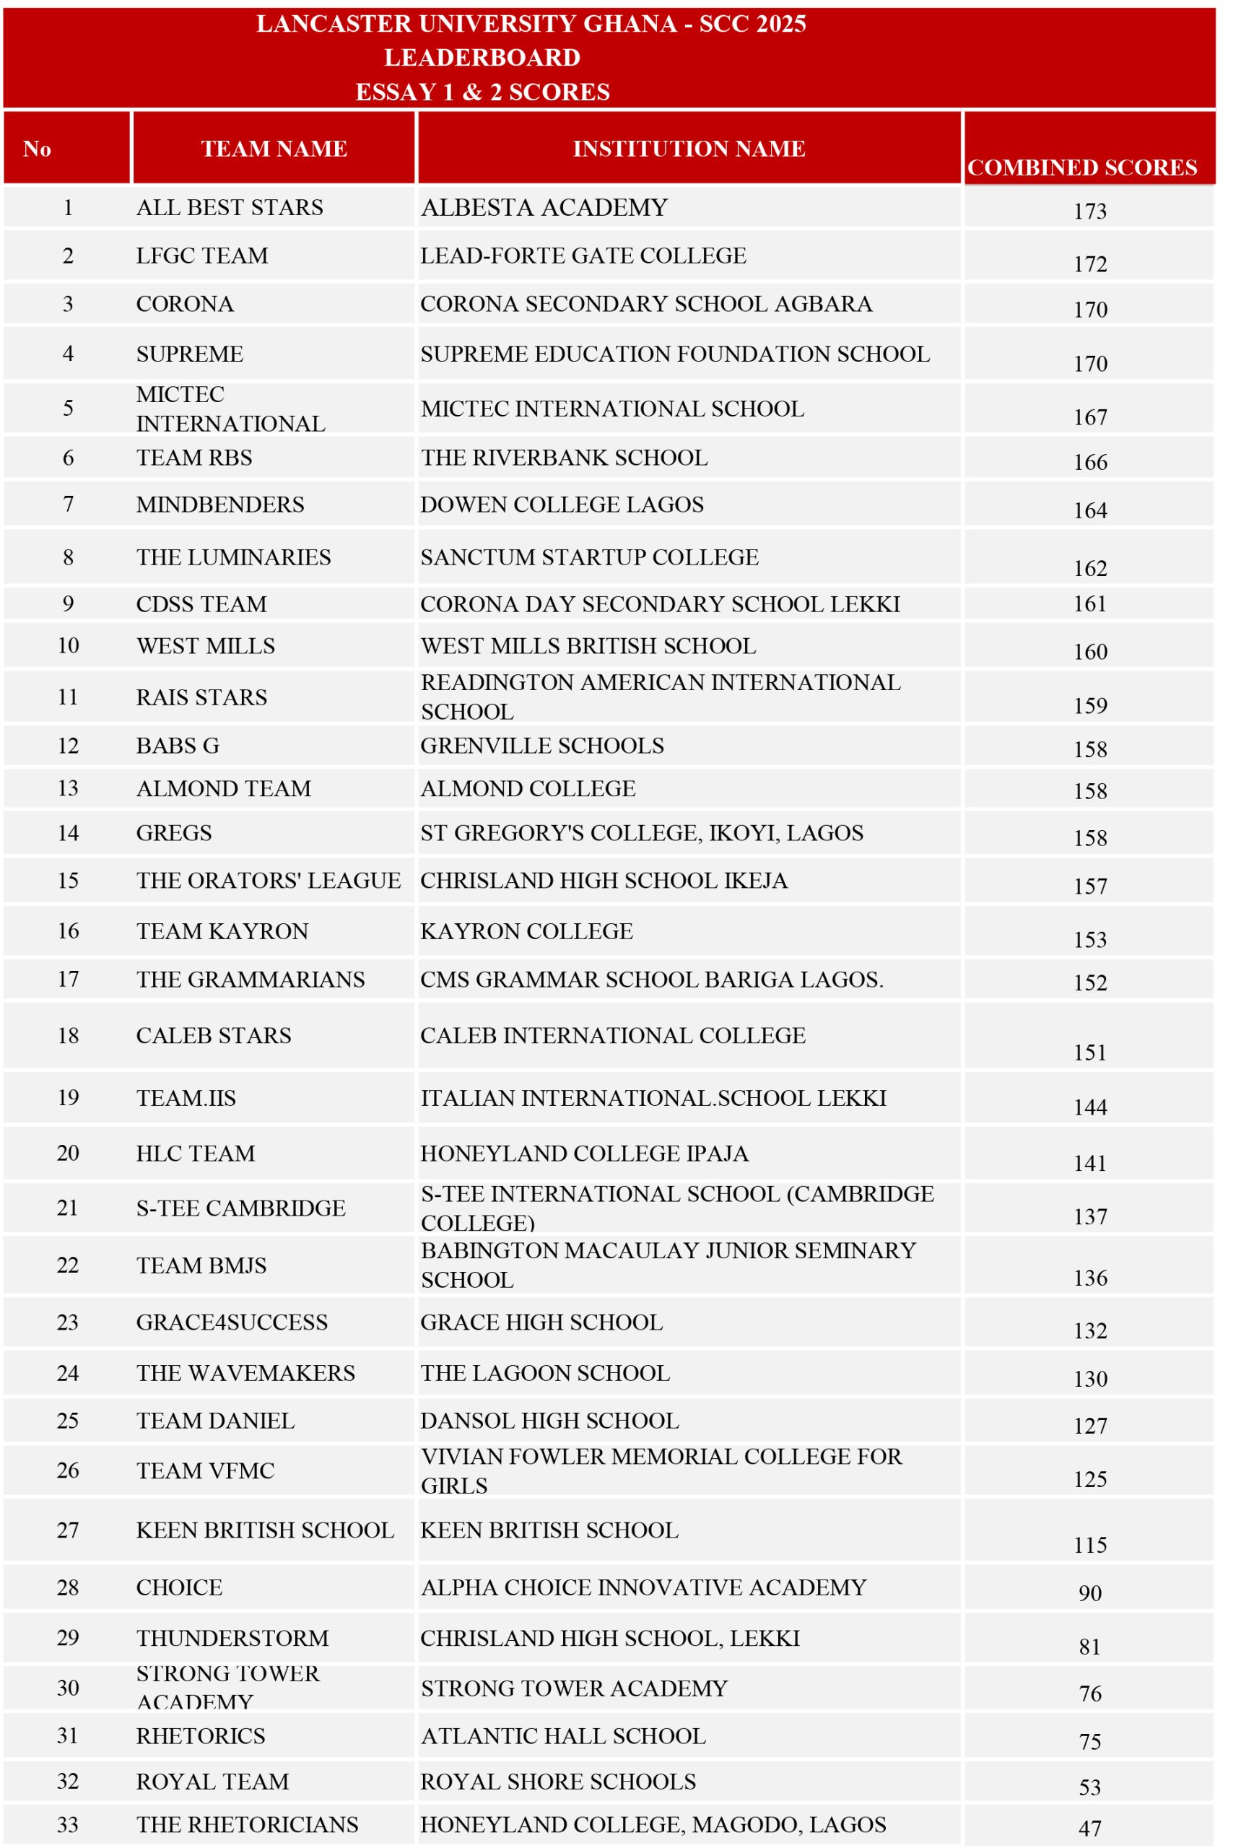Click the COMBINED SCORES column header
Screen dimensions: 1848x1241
(x=1081, y=167)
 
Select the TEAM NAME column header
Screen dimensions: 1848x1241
(x=274, y=149)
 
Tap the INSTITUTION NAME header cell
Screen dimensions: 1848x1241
(x=689, y=149)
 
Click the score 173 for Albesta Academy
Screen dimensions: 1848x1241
(x=1090, y=212)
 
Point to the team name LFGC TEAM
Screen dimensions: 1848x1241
(x=202, y=256)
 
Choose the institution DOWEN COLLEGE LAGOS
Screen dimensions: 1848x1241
(x=562, y=505)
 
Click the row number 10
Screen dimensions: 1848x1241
(x=68, y=646)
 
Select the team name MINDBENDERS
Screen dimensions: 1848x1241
(x=220, y=505)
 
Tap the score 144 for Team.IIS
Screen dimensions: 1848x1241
(x=1090, y=1107)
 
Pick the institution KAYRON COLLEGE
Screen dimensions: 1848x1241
(x=526, y=931)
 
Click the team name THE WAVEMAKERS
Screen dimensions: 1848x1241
(x=245, y=1373)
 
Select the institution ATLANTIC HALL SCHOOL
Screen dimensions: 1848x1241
(x=562, y=1736)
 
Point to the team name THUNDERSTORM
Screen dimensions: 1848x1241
(x=232, y=1638)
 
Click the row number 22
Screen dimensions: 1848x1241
(x=68, y=1265)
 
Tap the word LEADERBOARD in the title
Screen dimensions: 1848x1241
(x=482, y=58)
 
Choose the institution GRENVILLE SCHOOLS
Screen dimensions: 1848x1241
(x=542, y=746)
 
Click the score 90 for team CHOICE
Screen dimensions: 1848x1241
(x=1090, y=1593)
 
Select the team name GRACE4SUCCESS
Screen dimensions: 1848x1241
(x=232, y=1322)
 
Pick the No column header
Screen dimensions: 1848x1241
(x=38, y=149)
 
